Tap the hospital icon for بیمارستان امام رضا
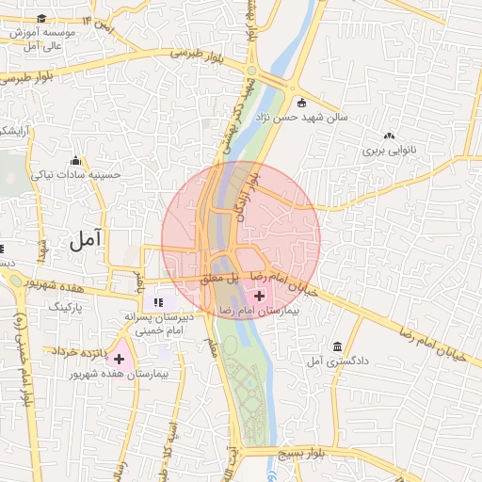tap(260, 296)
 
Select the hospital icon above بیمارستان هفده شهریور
tap(119, 358)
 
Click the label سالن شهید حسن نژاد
tap(336, 118)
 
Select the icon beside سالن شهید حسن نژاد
tap(301, 103)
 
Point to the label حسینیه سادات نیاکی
tap(77, 174)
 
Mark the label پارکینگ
tap(66, 307)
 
